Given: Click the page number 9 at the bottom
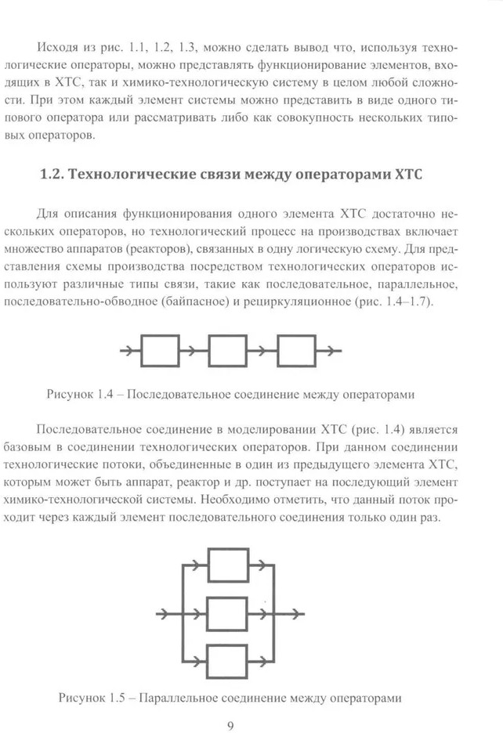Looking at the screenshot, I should pyautogui.click(x=230, y=725).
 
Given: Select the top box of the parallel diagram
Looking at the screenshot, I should pyautogui.click(x=229, y=565).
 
